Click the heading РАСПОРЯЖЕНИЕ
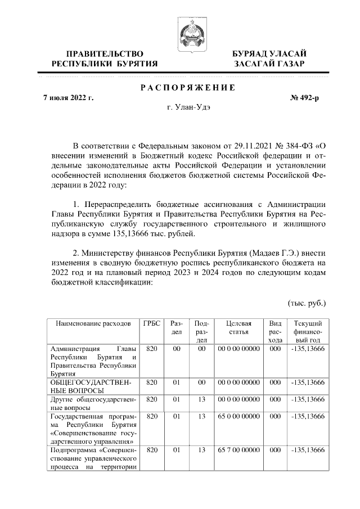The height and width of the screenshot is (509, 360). pyautogui.click(x=187, y=87)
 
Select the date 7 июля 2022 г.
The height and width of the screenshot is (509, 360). pyautogui.click(x=69, y=98)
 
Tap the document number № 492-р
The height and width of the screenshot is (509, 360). pyautogui.click(x=304, y=98)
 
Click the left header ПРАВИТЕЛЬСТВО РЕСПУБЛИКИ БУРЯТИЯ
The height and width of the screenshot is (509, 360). pyautogui.click(x=104, y=58)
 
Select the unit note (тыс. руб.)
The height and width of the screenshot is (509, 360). pyautogui.click(x=307, y=303)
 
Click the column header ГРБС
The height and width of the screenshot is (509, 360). pyautogui.click(x=151, y=323)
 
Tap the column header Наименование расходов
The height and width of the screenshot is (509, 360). pyautogui.click(x=93, y=323)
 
